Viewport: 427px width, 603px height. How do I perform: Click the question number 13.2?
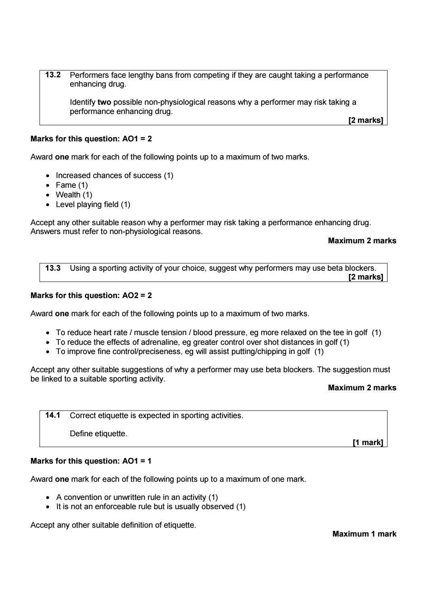point(53,75)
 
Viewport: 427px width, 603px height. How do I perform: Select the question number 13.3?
point(53,268)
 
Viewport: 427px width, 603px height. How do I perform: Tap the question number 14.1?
point(53,415)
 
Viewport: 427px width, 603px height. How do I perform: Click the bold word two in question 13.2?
point(104,102)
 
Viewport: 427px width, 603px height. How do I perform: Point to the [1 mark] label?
point(367,442)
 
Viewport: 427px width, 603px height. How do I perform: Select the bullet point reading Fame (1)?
point(71,185)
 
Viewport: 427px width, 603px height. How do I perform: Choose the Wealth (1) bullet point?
point(74,195)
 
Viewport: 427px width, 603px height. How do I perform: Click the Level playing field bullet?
point(93,205)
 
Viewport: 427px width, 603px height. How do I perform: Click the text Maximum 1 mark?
point(364,534)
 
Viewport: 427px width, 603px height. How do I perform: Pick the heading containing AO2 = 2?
point(91,295)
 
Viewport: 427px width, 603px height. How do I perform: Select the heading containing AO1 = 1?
point(91,461)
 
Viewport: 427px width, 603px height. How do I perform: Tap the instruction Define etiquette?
point(98,434)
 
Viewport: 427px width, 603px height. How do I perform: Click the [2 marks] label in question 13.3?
point(365,277)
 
